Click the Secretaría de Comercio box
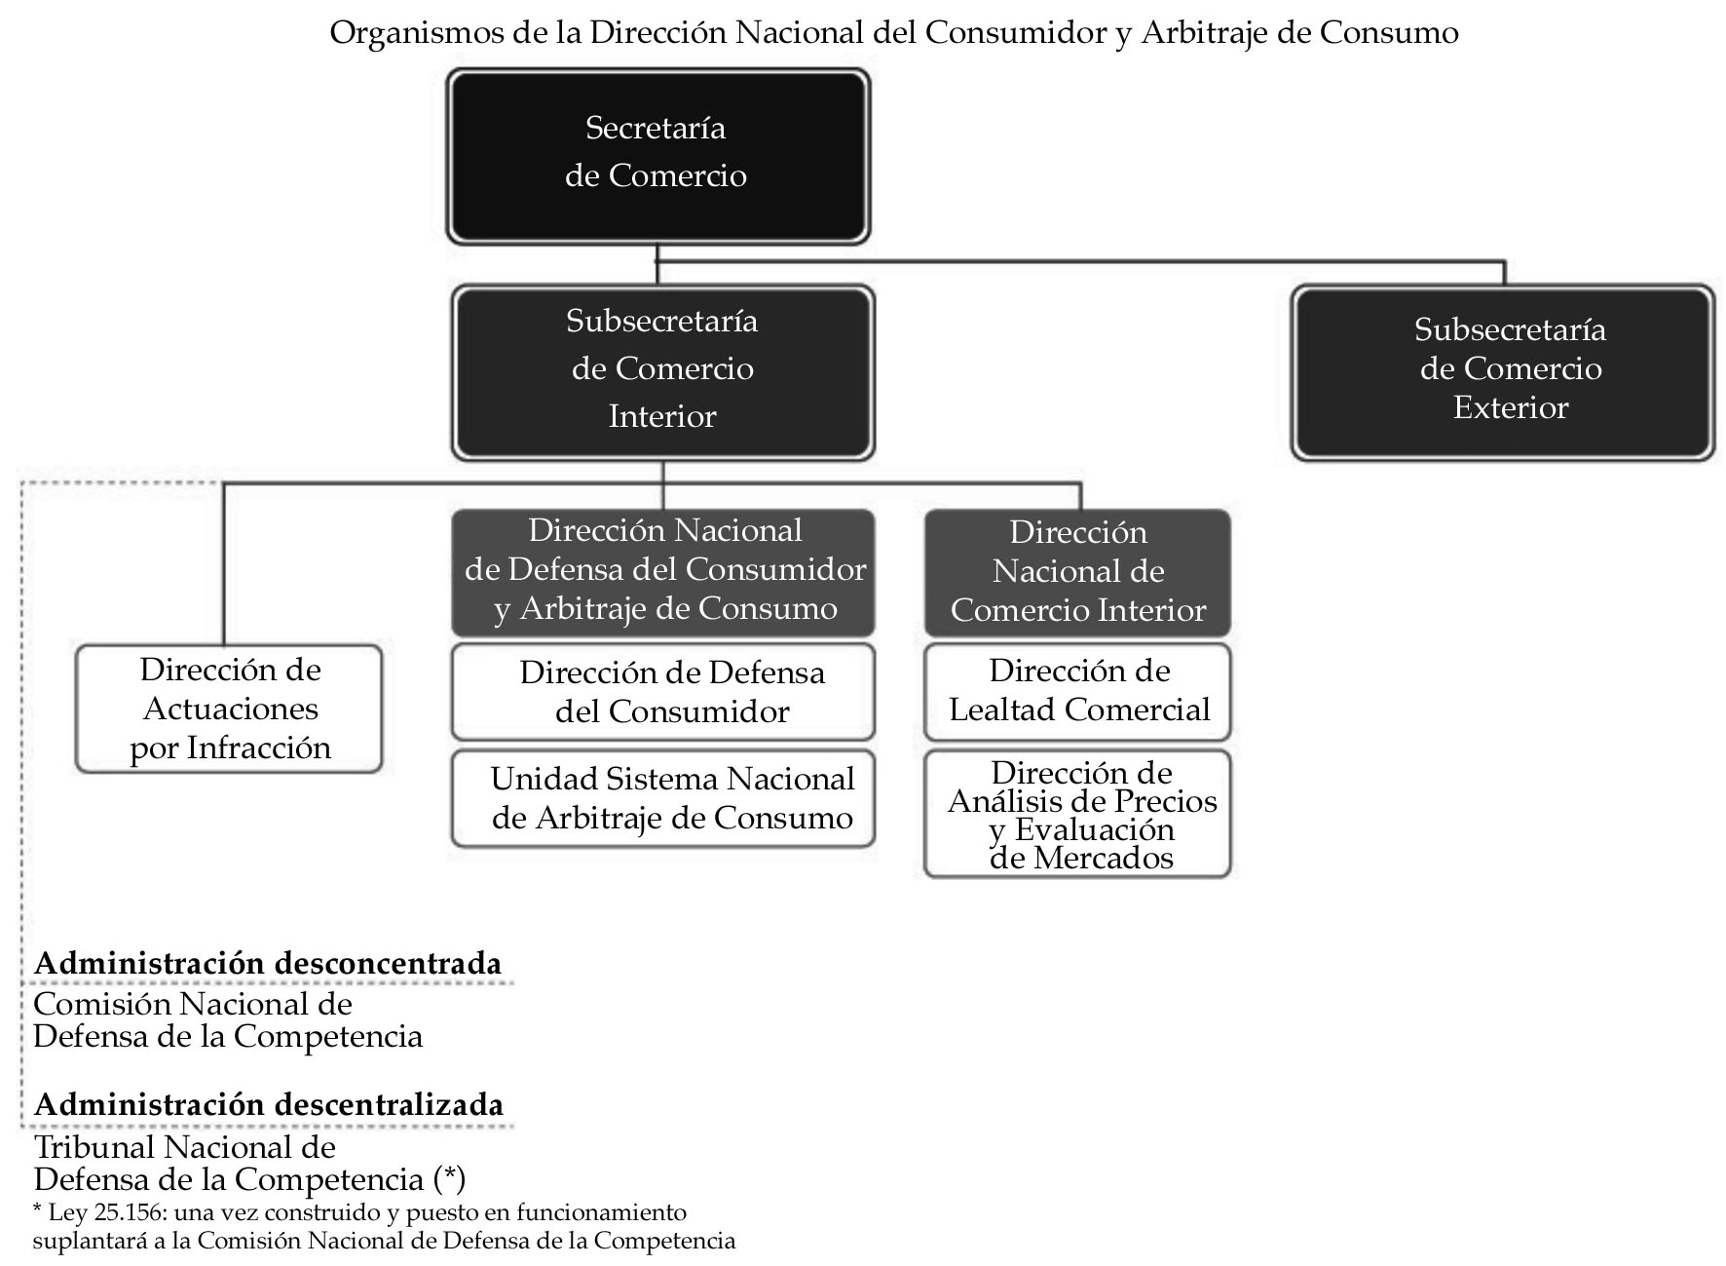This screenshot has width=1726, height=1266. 657,154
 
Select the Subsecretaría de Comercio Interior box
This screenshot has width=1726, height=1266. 662,370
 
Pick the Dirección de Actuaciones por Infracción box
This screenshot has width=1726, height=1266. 229,709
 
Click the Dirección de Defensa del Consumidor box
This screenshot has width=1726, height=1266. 662,692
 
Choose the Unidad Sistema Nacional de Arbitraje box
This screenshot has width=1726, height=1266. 662,798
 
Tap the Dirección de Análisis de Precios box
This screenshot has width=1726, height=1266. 1077,815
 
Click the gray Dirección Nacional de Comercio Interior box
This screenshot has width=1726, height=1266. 1077,572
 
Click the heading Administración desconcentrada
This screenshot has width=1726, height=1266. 268,964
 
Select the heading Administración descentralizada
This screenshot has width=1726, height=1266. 269,1105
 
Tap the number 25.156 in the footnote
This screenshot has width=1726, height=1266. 114,1213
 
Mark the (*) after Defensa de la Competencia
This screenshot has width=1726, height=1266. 449,1179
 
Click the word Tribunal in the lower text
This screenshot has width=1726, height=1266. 94,1147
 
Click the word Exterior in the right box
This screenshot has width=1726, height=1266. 1510,407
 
